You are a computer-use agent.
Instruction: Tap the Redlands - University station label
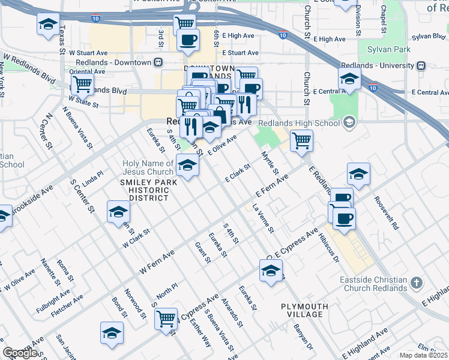[x=378, y=65]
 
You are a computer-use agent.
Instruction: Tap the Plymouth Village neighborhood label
[x=304, y=310]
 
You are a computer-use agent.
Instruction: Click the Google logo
[x=20, y=352]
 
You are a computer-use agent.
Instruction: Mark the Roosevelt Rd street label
[x=386, y=213]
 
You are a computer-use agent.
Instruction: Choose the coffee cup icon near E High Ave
[x=188, y=40]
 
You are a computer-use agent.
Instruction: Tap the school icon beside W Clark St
[x=118, y=212]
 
